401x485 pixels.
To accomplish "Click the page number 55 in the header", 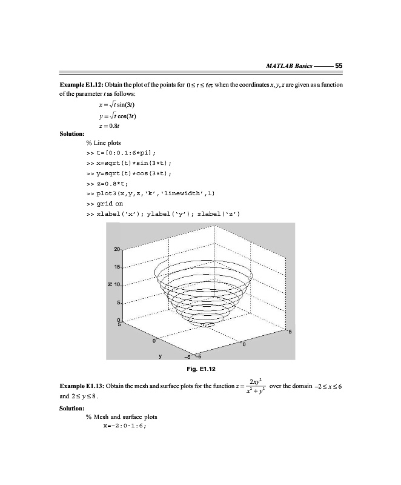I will tap(339, 65).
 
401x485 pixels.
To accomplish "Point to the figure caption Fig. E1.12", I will tap(203, 367).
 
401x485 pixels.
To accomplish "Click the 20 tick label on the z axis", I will tap(118, 249).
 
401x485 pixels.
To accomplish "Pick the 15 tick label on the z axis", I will tap(118, 267).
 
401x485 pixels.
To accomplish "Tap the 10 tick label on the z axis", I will tap(118, 284).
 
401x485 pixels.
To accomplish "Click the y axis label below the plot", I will tap(159, 356).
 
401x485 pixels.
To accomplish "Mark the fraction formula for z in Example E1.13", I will tap(251, 386).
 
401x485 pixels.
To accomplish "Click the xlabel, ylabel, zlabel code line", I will tap(164, 214).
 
